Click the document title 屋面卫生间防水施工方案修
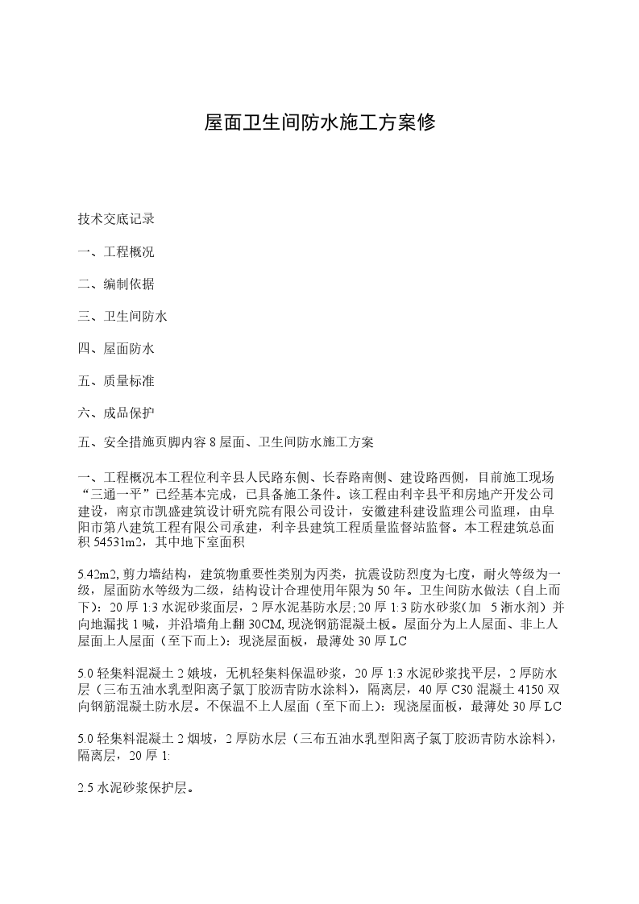click(319, 122)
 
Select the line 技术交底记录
click(116, 219)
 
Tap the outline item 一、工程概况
click(116, 251)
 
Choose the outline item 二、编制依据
click(116, 284)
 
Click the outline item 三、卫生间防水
click(122, 316)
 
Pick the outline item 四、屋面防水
click(116, 348)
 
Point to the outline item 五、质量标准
click(116, 379)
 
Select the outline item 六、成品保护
click(116, 412)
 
